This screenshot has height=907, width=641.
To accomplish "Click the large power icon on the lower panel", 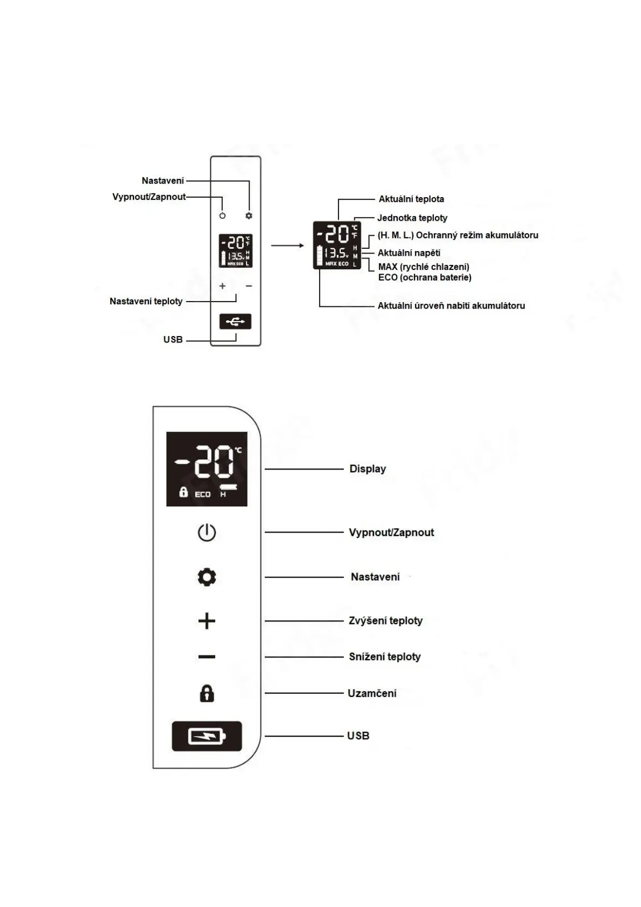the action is pos(207,533).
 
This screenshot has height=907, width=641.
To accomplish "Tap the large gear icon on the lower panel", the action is pos(207,577).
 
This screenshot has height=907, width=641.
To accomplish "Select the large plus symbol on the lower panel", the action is pos(207,621).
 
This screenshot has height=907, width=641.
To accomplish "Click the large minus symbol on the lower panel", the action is pos(207,657).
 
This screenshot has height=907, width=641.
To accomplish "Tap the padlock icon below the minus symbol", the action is pos(207,694).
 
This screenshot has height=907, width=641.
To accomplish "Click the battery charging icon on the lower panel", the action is pos(207,736).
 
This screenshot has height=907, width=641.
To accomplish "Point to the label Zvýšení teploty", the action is pos(385,620).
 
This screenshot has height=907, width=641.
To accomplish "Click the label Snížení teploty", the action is pos(384,657).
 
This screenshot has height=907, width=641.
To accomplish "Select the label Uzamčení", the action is pos(372,693).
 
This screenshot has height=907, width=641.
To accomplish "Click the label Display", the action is pos(368,469).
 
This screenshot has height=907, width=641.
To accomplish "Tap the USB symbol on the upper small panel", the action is pos(235,322).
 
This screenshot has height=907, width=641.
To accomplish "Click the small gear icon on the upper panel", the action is pos(249,215).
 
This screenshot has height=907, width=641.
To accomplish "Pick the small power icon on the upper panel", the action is pos(223,215).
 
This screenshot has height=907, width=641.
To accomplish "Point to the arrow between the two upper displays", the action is pos(287,246).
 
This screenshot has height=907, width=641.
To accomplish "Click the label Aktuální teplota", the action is pos(411,199).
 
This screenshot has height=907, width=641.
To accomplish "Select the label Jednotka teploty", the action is pos(412,218).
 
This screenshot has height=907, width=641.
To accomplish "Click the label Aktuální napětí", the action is pos(408,253).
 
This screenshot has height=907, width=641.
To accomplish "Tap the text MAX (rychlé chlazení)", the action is pos(424,267).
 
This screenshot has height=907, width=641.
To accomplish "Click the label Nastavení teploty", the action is pos(146,301).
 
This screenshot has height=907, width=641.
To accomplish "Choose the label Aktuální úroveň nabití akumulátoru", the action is pos(451,305).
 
